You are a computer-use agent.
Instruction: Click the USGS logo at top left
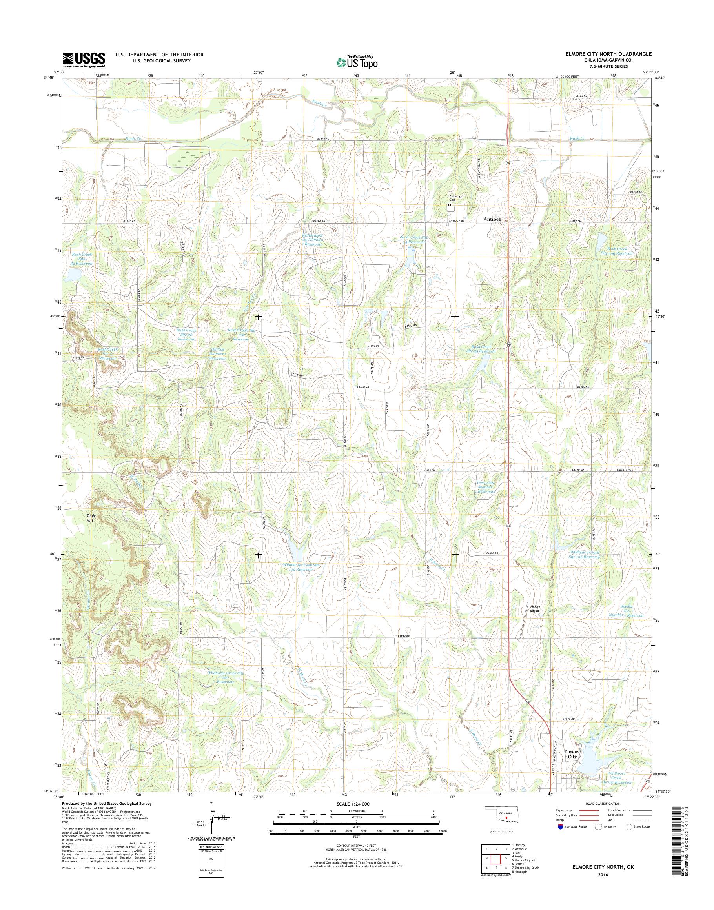click(x=84, y=60)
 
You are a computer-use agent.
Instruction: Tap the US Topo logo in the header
click(x=357, y=62)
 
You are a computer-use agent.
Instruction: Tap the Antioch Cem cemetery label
click(x=454, y=198)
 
